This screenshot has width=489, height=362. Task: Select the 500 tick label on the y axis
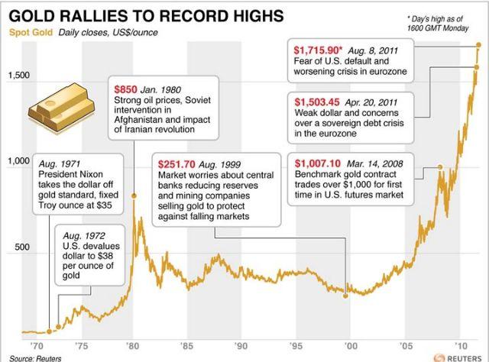click(17, 247)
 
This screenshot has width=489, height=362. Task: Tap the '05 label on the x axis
click(403, 344)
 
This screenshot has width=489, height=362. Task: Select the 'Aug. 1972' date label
click(83, 235)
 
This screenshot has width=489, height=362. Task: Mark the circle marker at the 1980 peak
click(134, 196)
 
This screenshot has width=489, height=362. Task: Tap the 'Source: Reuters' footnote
click(35, 357)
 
